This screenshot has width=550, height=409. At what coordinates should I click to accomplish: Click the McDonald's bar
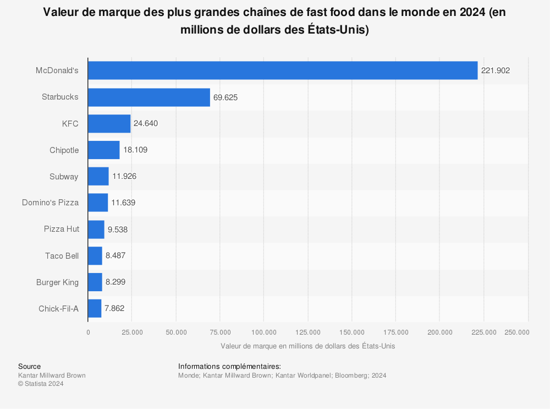pos(283,70)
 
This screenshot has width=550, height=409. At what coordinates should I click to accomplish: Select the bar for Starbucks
pos(149,97)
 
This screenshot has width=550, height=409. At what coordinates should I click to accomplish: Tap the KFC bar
pos(109,123)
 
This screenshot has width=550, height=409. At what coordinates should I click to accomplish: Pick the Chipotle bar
pos(103,150)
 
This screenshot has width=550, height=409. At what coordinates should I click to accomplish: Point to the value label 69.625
pos(226,97)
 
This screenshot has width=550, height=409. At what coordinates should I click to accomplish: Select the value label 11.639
pos(123,203)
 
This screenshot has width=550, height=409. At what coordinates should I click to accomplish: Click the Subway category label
pos(64,177)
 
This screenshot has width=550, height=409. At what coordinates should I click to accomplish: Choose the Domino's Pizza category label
pos(50,203)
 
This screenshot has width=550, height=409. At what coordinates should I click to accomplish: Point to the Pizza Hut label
pos(61,229)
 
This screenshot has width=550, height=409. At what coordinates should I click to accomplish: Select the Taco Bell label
pos(62,256)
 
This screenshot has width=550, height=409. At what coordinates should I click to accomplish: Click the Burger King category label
pos(57,282)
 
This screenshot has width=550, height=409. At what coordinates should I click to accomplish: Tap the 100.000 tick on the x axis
pos(263,332)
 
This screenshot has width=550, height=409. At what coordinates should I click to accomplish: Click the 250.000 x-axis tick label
pos(517,332)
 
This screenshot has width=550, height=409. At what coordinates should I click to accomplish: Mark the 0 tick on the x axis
pos(88,332)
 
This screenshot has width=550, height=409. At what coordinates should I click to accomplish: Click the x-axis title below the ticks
pos(307,346)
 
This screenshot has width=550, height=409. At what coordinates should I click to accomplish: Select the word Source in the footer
pos(29,366)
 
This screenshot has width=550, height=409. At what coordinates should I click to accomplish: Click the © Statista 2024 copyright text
pos(41,384)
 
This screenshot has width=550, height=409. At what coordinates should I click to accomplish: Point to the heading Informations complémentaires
pos(229,366)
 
